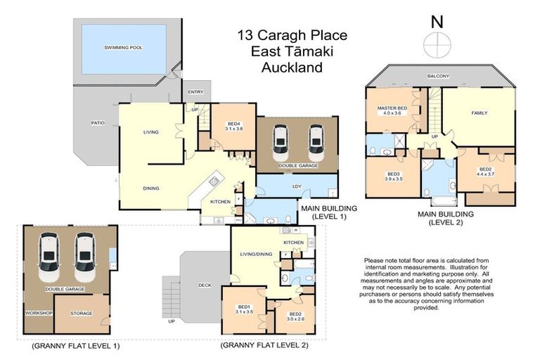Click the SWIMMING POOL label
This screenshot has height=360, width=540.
click(x=124, y=48)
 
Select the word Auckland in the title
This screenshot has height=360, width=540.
click(x=291, y=68)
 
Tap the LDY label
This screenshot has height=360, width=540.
click(x=296, y=186)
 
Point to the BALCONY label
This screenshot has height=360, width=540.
click(x=439, y=76)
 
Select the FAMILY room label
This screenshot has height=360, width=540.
click(x=480, y=112)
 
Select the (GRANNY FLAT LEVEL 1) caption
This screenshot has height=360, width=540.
click(x=76, y=346)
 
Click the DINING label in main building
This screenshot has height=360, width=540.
click(x=150, y=188)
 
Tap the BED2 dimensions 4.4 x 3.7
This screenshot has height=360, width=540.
click(x=486, y=175)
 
